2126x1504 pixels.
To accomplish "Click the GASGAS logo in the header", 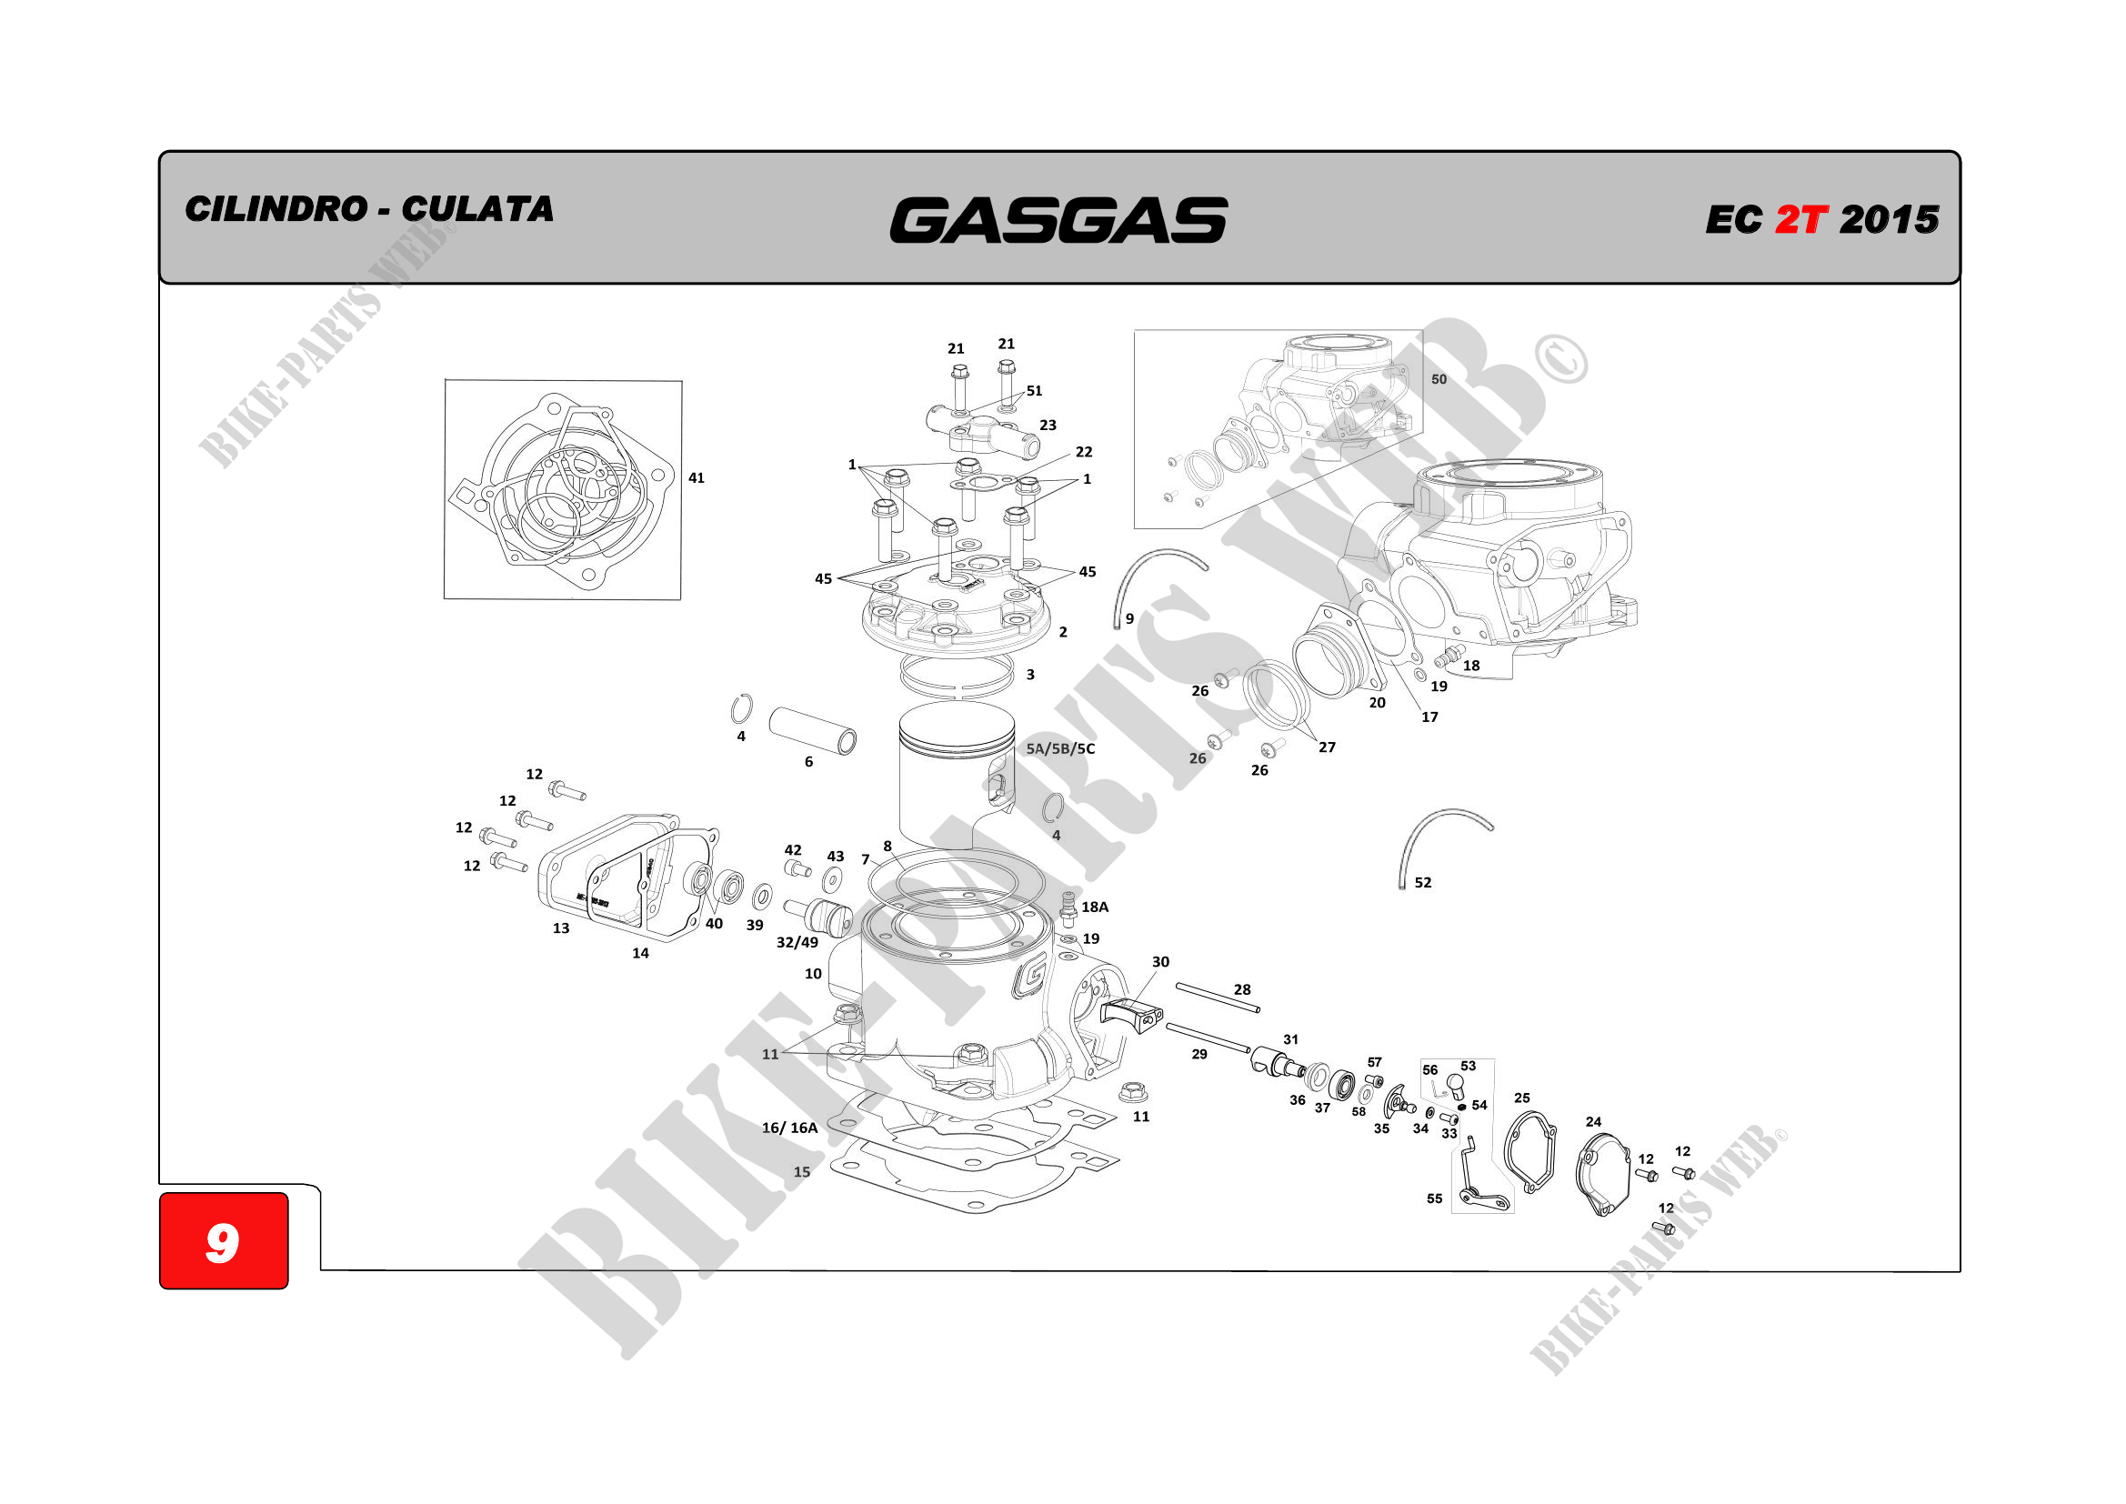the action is (x=1058, y=220).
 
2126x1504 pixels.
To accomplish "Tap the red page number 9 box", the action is (x=223, y=1240).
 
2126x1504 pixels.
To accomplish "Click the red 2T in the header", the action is (x=1800, y=219).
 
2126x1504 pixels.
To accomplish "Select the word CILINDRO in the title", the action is (x=276, y=208).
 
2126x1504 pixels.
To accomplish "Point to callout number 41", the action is (x=697, y=478).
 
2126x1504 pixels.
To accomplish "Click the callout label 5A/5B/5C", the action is (x=1060, y=748).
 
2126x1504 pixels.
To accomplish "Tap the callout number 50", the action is (x=1438, y=379).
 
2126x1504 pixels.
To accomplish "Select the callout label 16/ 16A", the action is (x=790, y=1127).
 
